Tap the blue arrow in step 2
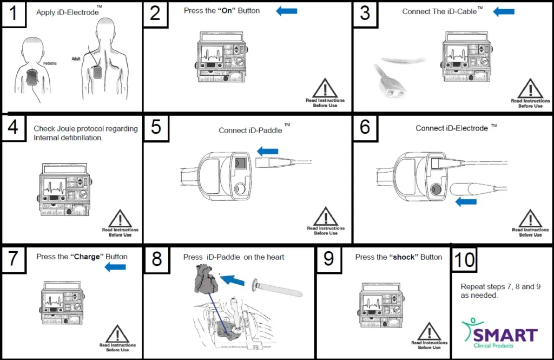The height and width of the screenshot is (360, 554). tap(287, 11)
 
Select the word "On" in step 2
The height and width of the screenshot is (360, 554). tap(227, 11)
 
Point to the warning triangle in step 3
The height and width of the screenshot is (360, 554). tap(530, 88)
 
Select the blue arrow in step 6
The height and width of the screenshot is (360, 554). tap(466, 202)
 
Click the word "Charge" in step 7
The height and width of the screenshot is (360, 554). tap(88, 257)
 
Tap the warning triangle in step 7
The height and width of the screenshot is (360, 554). tap(117, 333)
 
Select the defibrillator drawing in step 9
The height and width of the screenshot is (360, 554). tap(380, 307)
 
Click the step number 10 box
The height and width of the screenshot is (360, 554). tap(464, 259)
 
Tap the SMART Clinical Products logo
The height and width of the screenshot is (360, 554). tap(499, 333)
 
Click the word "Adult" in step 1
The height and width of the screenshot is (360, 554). tap(76, 58)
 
